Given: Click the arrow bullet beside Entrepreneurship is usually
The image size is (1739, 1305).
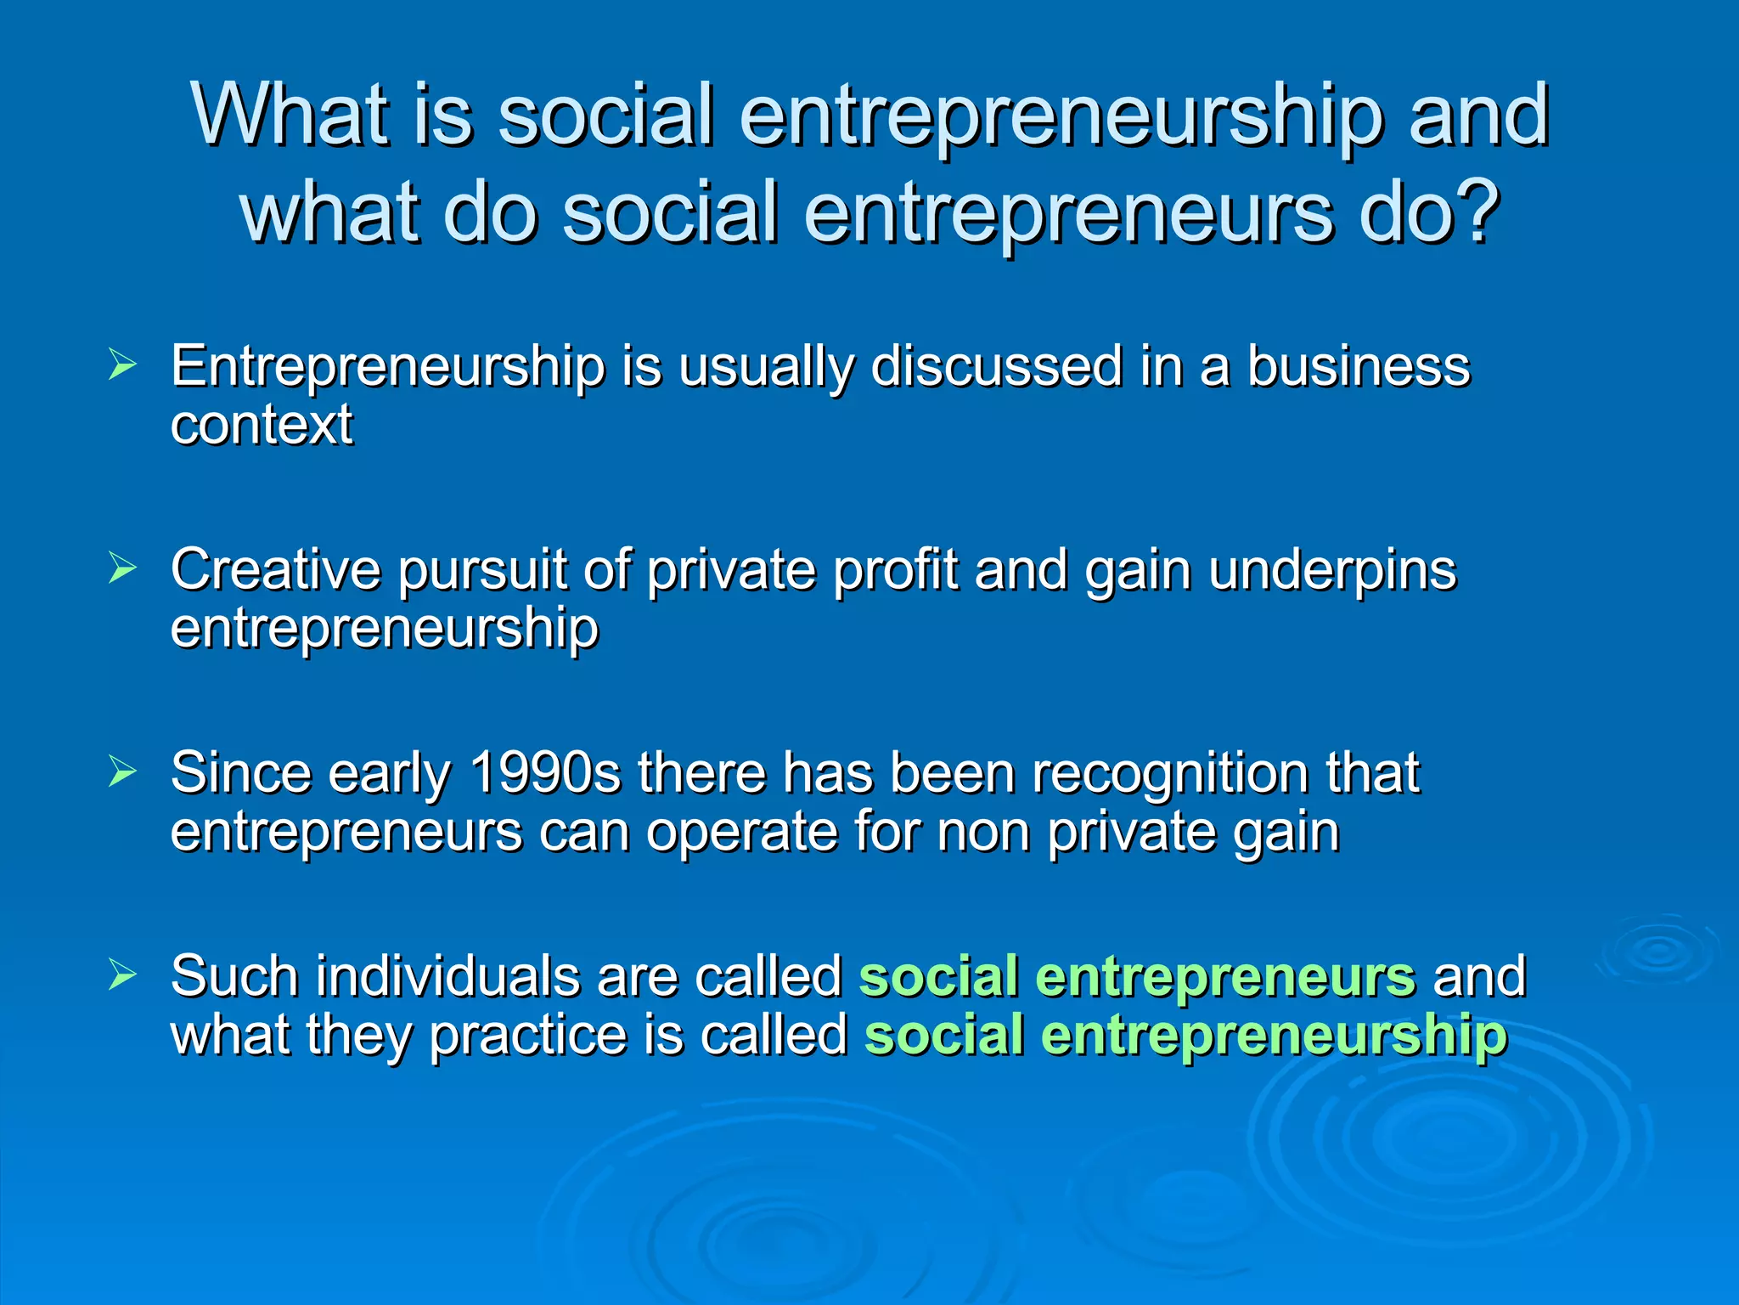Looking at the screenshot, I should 122,366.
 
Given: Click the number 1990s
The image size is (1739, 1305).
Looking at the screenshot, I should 544,773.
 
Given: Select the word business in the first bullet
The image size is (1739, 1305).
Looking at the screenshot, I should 1358,367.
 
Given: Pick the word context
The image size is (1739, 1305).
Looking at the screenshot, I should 262,425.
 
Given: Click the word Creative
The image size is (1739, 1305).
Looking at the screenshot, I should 275,569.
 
